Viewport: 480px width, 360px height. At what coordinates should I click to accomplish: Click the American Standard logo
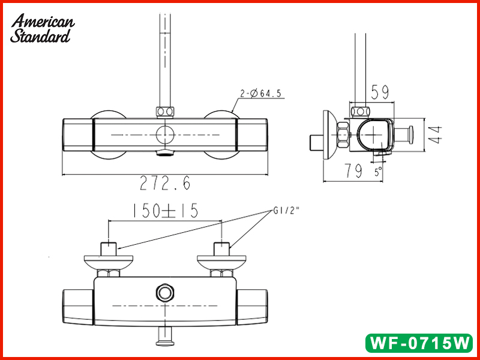pos(43,28)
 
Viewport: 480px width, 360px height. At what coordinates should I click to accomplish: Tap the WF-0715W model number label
pos(419,344)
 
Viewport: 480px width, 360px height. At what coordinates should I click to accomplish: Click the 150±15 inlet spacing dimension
pos(166,211)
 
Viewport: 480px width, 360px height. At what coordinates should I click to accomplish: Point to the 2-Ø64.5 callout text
pos(262,93)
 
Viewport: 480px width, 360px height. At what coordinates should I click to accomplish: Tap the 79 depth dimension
pos(353,172)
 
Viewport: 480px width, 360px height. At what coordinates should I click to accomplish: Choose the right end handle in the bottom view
pos(251,305)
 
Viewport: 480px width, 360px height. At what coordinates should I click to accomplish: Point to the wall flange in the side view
pos(329,136)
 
